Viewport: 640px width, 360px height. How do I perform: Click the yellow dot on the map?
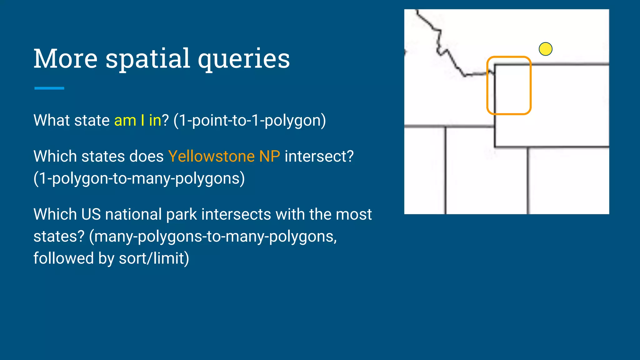[545, 49]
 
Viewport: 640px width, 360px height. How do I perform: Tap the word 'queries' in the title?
[244, 59]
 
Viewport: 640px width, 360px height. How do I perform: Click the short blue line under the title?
[49, 88]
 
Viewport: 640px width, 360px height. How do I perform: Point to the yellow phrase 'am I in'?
[137, 120]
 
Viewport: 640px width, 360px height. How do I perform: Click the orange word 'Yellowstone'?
[211, 156]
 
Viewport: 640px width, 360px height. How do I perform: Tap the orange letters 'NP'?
[269, 156]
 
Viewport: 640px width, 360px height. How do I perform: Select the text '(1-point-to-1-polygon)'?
[249, 121]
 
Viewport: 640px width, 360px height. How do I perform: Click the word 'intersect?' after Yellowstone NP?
[319, 156]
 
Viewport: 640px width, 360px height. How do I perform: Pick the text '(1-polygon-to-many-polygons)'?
[139, 178]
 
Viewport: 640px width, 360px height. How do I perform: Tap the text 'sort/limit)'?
[154, 258]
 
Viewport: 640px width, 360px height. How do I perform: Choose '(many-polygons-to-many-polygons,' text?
[213, 237]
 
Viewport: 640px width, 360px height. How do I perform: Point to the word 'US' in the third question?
[91, 214]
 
